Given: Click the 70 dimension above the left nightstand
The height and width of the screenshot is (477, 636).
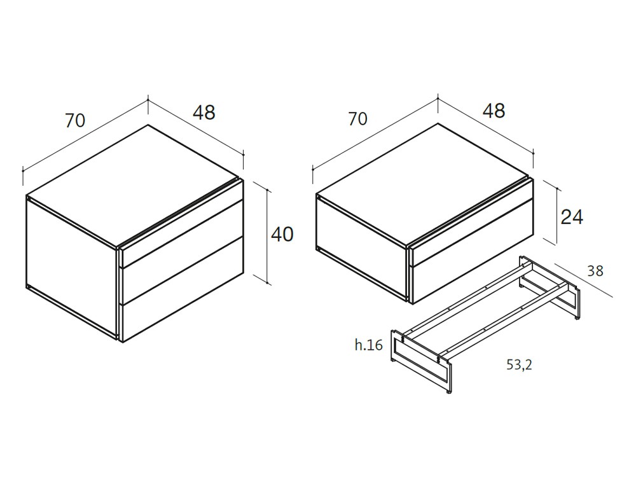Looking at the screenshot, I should (75, 120).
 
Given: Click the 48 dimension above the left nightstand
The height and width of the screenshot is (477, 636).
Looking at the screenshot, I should (204, 113).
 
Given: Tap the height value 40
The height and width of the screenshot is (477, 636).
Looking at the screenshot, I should (282, 234).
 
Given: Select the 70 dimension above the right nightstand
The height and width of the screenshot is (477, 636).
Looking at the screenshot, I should (358, 118).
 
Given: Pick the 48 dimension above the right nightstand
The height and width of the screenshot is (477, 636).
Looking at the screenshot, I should (494, 111).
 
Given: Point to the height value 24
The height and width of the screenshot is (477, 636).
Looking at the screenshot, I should (572, 217).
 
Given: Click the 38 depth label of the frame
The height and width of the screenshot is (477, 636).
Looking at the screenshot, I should (595, 271).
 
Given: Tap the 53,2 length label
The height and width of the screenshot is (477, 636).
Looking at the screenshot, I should (519, 364).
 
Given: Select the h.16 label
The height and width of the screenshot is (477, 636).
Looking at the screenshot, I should (369, 345).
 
